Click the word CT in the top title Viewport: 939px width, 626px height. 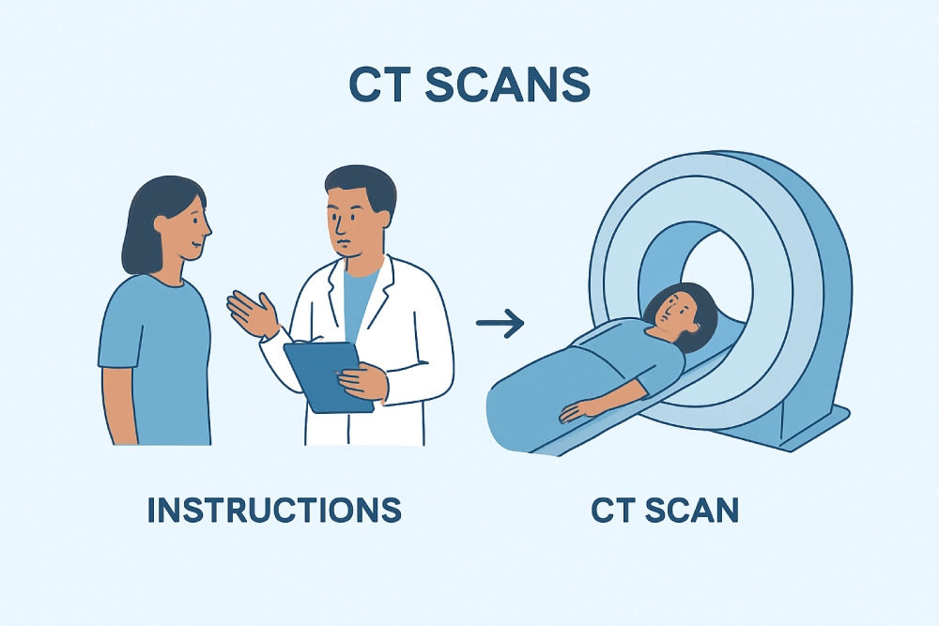tap(381, 85)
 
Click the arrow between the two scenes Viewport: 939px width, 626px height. tap(500, 325)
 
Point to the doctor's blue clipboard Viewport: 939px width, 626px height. tap(322, 375)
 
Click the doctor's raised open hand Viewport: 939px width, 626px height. tap(251, 310)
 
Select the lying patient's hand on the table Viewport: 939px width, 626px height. tap(573, 409)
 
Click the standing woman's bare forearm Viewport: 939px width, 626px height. tap(118, 404)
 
